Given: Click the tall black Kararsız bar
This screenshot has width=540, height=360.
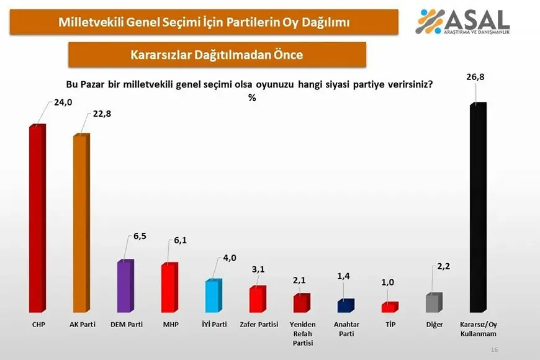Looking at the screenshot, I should click(477, 208).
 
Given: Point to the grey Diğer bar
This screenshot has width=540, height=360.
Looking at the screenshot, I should click(434, 302).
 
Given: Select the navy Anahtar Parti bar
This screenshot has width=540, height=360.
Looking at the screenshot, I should click(345, 305).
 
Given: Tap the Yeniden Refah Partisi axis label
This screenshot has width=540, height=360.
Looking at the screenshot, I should click(302, 333).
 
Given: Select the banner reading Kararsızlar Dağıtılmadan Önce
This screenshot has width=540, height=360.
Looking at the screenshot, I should click(217, 55).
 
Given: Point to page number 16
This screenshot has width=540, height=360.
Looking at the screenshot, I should click(495, 350).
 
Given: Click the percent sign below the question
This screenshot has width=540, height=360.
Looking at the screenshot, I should click(252, 97).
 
